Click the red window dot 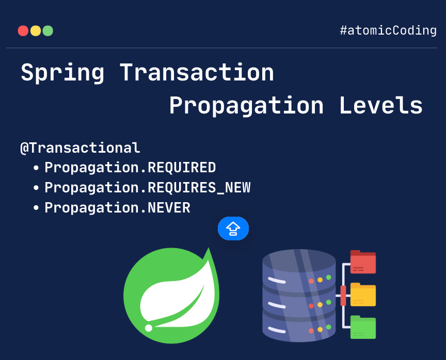pos(23,31)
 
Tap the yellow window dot pos(36,31)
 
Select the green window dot pos(48,31)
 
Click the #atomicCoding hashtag pos(388,30)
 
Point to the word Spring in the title pos(62,73)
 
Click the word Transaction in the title pos(197,73)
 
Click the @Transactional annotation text pos(80,148)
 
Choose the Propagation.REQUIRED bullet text pos(130,168)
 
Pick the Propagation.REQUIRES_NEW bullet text pos(147,188)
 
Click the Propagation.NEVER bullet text pos(117,208)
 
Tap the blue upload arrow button pos(233,228)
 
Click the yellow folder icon pos(363,294)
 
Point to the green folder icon pos(363,327)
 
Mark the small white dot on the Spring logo pos(149,328)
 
